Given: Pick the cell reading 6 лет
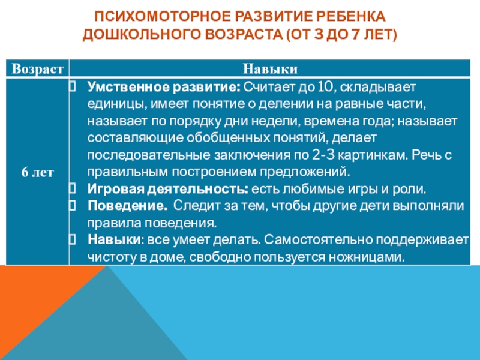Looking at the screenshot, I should coord(37,172).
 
